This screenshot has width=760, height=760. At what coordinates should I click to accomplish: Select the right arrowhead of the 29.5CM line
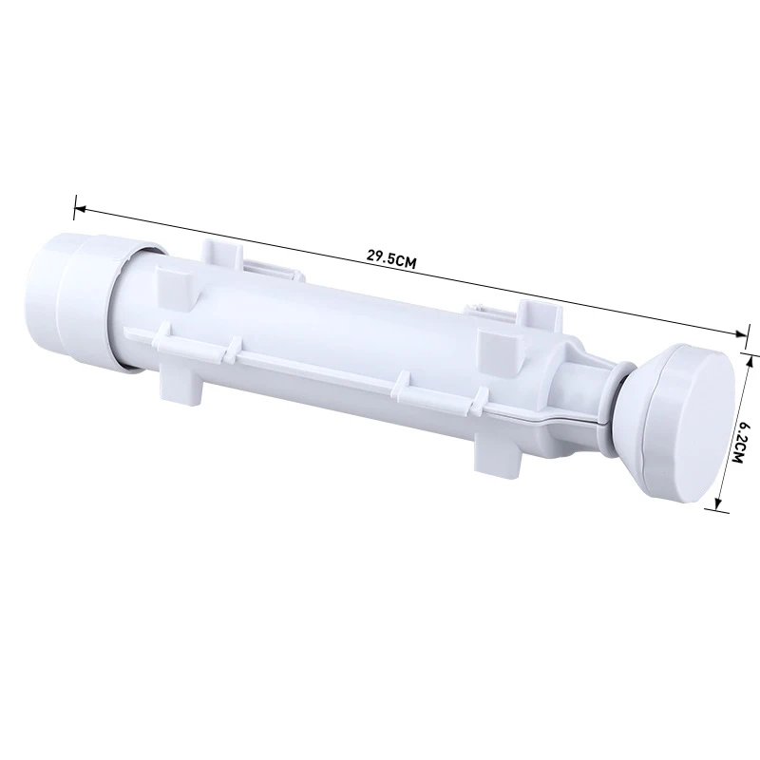pos(741,334)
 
